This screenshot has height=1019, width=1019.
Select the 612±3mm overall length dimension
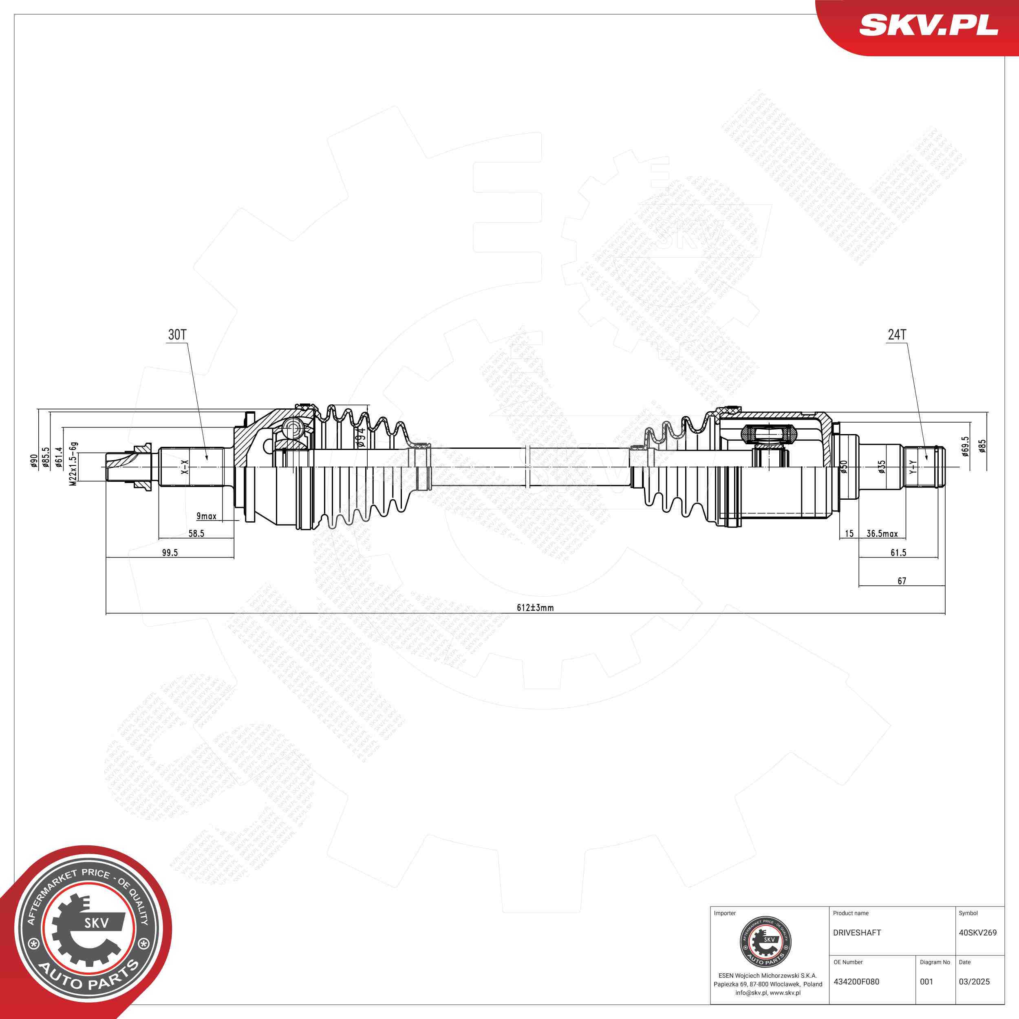pyautogui.click(x=535, y=608)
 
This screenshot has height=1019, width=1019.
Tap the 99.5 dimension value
pyautogui.click(x=170, y=553)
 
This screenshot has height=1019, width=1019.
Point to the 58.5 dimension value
pyautogui.click(x=196, y=533)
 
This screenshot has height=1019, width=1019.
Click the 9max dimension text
pyautogui.click(x=206, y=516)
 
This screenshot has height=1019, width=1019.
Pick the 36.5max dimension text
pyautogui.click(x=882, y=533)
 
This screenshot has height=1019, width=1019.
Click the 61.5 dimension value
pyautogui.click(x=898, y=553)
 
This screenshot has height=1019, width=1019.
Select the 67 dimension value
pyautogui.click(x=902, y=581)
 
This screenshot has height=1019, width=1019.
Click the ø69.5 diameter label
pyautogui.click(x=965, y=446)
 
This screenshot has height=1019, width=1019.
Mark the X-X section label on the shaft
pyautogui.click(x=185, y=466)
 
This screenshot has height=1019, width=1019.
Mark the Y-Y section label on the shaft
pyautogui.click(x=913, y=466)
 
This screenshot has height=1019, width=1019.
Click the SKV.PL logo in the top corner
pyautogui.click(x=928, y=25)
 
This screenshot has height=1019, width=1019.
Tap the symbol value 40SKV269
pyautogui.click(x=977, y=933)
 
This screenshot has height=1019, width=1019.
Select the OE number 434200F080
pyautogui.click(x=856, y=982)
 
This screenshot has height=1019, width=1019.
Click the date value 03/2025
pyautogui.click(x=974, y=982)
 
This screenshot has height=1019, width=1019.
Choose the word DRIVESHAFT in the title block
pyautogui.click(x=856, y=933)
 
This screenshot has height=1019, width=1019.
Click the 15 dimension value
pyautogui.click(x=849, y=533)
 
